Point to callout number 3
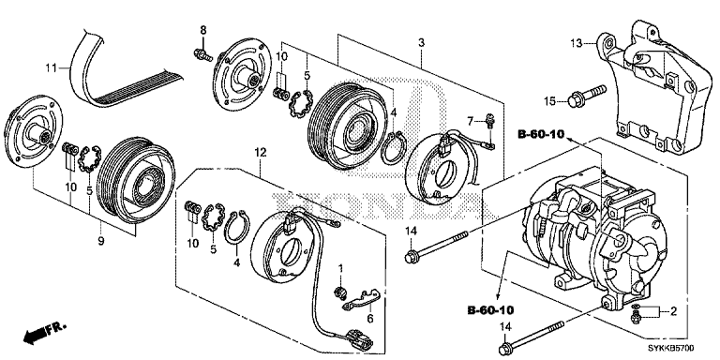coord(422,43)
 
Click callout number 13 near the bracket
coord(577,42)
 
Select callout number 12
coord(261,152)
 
